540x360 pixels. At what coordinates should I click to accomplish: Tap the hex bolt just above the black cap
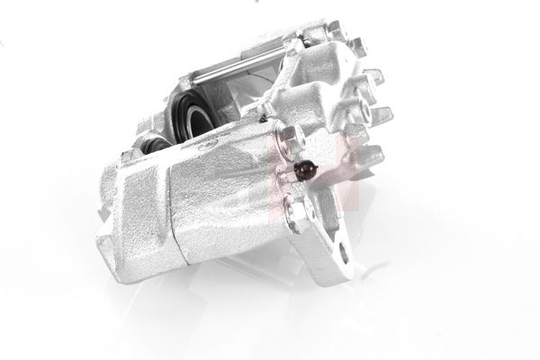pyautogui.click(x=290, y=138)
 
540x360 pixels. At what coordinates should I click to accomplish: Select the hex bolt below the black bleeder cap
pyautogui.click(x=295, y=211)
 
